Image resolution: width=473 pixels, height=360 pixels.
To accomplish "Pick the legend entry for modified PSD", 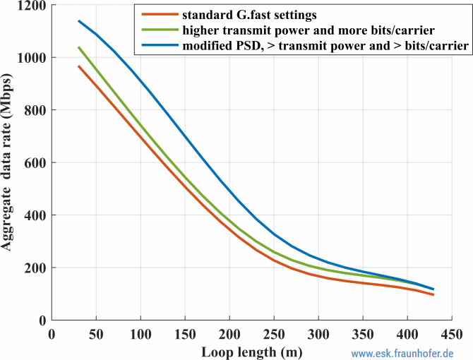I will point(324,45).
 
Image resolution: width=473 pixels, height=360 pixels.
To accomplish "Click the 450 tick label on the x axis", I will point(452,333).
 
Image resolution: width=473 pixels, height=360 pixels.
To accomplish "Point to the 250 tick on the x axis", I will point(274,333).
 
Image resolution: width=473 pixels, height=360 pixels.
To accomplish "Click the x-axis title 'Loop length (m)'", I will point(251,349).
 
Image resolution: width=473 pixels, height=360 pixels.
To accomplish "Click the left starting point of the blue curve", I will point(78,20).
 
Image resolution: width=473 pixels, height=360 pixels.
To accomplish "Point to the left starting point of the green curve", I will point(78,47).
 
